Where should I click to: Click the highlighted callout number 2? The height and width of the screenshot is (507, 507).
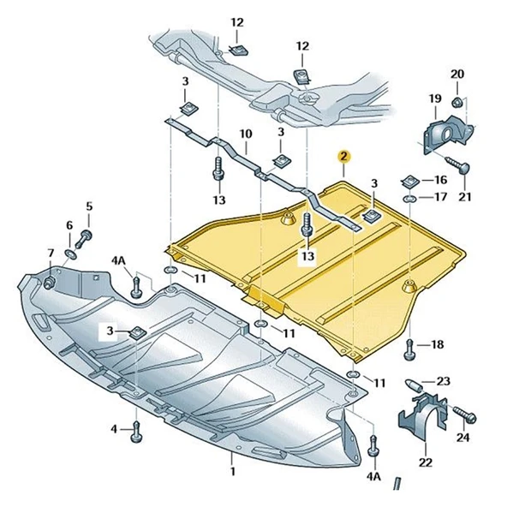[x=343, y=157]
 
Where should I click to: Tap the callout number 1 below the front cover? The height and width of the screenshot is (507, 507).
[x=233, y=471]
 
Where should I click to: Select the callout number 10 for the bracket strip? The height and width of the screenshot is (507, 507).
[x=246, y=134]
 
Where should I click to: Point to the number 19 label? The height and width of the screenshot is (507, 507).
[x=435, y=98]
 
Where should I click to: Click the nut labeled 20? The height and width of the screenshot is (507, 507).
[x=456, y=103]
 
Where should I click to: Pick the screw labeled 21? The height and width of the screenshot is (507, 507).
[x=459, y=164]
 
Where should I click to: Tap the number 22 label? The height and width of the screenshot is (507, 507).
[x=425, y=462]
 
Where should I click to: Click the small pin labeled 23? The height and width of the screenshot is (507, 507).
[x=414, y=385]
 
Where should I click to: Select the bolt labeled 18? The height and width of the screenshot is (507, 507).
[x=409, y=350]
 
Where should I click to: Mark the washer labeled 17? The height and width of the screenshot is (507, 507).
[x=409, y=198]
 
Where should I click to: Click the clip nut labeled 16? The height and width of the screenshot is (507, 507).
[x=409, y=181]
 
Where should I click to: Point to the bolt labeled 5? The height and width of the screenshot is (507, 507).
[x=83, y=239]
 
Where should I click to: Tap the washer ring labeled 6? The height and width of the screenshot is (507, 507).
[x=71, y=254]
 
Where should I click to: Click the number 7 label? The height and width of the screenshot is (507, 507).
[x=51, y=253]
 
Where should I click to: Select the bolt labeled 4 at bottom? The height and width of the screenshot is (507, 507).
[x=136, y=432]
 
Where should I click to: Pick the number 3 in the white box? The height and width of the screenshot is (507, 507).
[x=110, y=331]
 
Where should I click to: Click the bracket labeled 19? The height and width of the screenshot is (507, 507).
[x=448, y=136]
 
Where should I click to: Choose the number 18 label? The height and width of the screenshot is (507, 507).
[x=437, y=344]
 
